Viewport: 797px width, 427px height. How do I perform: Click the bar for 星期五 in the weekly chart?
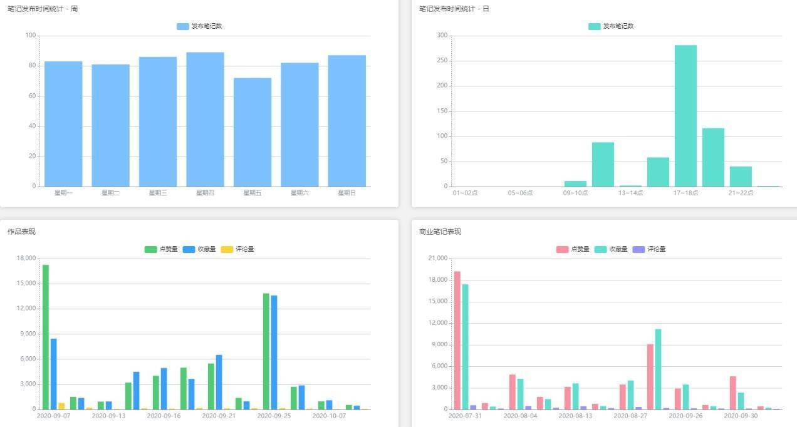pyautogui.click(x=253, y=132)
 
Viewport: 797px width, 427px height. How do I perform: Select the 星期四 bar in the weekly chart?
pyautogui.click(x=206, y=120)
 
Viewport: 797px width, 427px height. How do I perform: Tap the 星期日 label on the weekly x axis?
pyautogui.click(x=347, y=193)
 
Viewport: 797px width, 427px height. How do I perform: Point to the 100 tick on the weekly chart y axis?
pyautogui.click(x=31, y=35)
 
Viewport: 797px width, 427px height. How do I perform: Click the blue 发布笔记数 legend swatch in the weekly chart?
pyautogui.click(x=183, y=26)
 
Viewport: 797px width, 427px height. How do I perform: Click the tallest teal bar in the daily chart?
pyautogui.click(x=685, y=116)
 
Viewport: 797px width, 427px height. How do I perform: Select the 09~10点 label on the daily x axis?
pyautogui.click(x=575, y=193)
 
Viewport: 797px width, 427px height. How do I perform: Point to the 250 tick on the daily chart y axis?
pyautogui.click(x=442, y=61)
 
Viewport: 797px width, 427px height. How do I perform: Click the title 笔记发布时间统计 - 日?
pyautogui.click(x=454, y=9)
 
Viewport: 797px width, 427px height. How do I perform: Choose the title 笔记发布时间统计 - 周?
pyautogui.click(x=43, y=9)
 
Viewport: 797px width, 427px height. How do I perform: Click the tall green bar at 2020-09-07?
pyautogui.click(x=46, y=337)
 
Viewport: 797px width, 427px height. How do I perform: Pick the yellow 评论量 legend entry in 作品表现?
pyautogui.click(x=237, y=249)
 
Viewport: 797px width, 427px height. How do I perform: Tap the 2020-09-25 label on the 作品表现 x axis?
pyautogui.click(x=274, y=416)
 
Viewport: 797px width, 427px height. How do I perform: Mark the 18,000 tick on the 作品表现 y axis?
pyautogui.click(x=26, y=258)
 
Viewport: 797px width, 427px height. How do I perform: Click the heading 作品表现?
pyautogui.click(x=22, y=232)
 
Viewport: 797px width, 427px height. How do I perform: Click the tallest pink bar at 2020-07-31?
pyautogui.click(x=457, y=341)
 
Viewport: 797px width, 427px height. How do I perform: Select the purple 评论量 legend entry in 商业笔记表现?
pyautogui.click(x=649, y=249)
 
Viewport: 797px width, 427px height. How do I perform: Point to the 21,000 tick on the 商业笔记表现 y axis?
pyautogui.click(x=438, y=258)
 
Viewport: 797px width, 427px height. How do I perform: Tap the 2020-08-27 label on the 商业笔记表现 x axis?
pyautogui.click(x=630, y=416)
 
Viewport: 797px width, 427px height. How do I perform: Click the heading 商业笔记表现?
pyautogui.click(x=440, y=232)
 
